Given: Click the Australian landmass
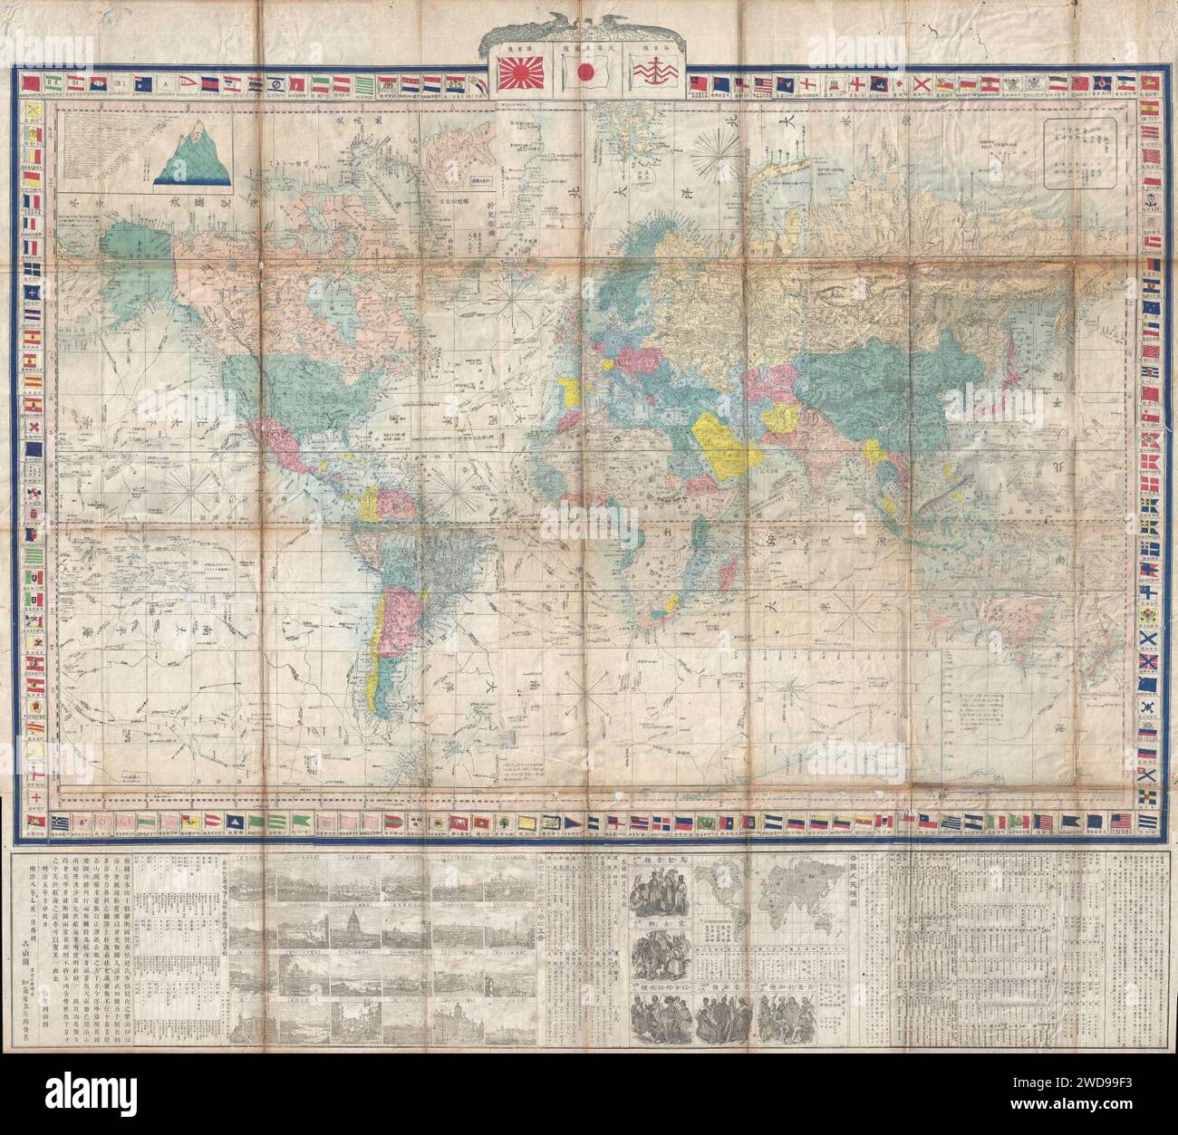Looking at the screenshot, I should point(983,625).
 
